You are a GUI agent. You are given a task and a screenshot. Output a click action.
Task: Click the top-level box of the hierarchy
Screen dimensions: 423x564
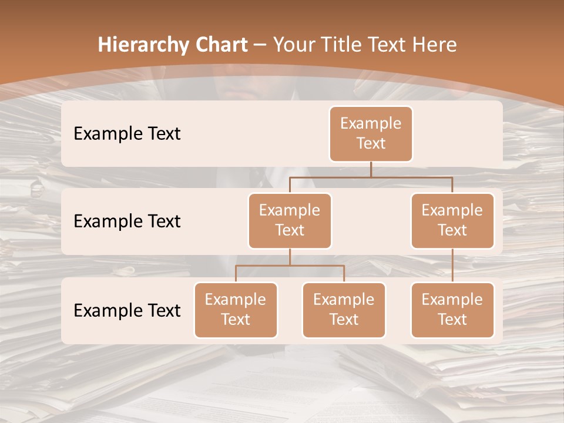tap(371, 133)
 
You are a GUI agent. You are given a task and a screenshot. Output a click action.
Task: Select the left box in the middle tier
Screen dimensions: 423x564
tap(290, 220)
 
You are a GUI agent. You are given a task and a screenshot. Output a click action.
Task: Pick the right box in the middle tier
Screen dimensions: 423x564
tap(452, 220)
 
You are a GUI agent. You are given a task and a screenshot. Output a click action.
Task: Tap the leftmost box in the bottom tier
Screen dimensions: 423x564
tap(236, 310)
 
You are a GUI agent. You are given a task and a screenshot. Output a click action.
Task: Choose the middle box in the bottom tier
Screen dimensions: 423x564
tap(344, 310)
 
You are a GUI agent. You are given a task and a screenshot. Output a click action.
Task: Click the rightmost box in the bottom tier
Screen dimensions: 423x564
tap(452, 310)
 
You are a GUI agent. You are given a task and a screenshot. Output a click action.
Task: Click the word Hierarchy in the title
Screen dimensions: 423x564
tap(143, 45)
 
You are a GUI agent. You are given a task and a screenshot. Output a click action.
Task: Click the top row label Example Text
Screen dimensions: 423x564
tap(127, 133)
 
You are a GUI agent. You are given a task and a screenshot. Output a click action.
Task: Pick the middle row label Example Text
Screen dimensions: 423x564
tap(127, 221)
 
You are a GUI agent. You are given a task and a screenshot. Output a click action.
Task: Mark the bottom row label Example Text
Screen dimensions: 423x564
tap(127, 310)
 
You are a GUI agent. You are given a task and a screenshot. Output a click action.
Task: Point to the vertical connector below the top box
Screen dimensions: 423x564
tap(371, 169)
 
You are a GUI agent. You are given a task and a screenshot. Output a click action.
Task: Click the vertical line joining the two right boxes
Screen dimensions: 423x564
tap(452, 266)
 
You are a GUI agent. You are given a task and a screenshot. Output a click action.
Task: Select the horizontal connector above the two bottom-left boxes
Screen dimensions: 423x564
tap(290, 266)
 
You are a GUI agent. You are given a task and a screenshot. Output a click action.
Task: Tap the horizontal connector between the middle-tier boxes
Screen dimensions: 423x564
tap(371, 176)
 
